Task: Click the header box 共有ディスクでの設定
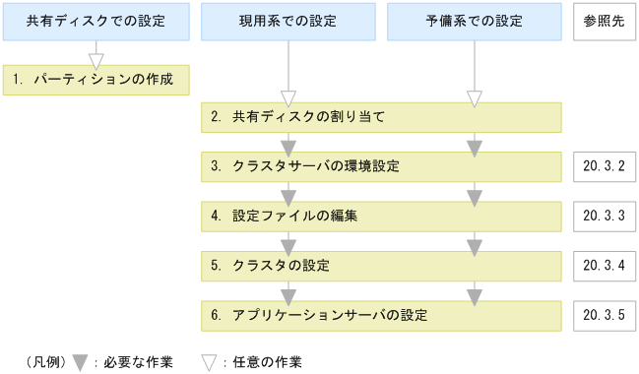coord(96,21)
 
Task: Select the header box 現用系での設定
coord(288,21)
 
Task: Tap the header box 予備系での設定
coord(474,21)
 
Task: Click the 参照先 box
coord(603,21)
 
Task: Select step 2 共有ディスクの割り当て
coord(381,117)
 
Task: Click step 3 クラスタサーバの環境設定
coord(381,166)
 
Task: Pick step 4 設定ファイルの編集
coord(381,216)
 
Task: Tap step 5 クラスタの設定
coord(381,266)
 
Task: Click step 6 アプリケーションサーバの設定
coord(381,315)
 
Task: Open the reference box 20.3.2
coord(603,166)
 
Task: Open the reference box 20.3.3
coord(603,216)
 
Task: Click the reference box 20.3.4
coord(603,266)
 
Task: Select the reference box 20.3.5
coord(603,315)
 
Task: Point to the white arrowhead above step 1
coord(96,60)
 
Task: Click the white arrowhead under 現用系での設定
coord(288,97)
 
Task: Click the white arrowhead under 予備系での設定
coord(474,97)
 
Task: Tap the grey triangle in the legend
coord(82,361)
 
